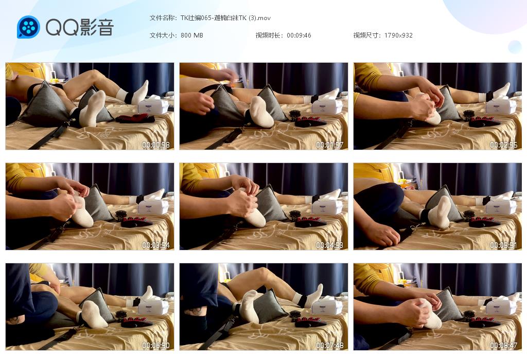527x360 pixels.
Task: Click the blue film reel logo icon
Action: click(28, 27)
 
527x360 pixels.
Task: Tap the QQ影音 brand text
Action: click(80, 27)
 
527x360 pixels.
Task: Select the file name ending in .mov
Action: click(225, 18)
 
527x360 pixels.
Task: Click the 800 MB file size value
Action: click(192, 35)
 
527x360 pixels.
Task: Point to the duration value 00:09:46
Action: click(299, 35)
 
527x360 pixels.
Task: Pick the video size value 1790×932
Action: click(398, 35)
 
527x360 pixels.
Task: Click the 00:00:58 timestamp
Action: click(155, 145)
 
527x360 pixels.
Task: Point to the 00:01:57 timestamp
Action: click(329, 145)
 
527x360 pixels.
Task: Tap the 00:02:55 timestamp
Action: click(503, 145)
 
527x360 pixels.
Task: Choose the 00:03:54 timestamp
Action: click(155, 245)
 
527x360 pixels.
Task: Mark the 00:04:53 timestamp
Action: click(329, 245)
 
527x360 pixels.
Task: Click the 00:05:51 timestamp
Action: click(503, 245)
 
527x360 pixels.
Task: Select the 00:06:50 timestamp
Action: click(155, 345)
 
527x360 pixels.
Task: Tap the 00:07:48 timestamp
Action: click(329, 345)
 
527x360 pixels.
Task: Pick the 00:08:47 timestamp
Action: click(503, 345)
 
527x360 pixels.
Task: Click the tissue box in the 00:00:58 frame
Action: click(153, 105)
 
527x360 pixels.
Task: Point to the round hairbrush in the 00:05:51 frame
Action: click(469, 215)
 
